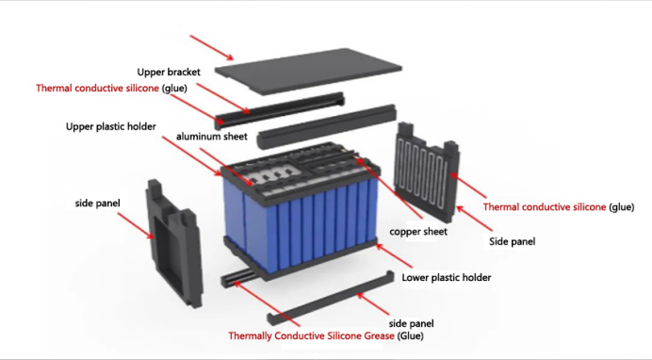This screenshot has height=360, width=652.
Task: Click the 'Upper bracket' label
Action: (x=169, y=72)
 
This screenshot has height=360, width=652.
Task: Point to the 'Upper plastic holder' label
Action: (x=110, y=125)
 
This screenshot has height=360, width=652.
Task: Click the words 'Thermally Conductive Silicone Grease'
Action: (x=311, y=335)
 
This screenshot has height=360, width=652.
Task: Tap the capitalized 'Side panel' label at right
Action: (x=513, y=241)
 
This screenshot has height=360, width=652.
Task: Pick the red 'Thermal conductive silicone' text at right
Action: (x=545, y=206)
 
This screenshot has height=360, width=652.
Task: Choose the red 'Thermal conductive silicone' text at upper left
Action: (x=98, y=88)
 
